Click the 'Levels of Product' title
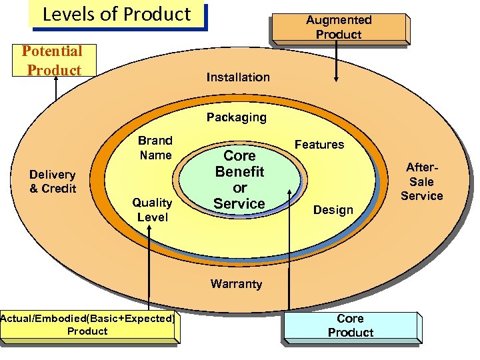(117, 14)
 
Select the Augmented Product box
(339, 27)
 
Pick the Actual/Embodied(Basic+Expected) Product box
(87, 325)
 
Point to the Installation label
(238, 77)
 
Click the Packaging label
(236, 117)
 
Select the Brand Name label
(155, 148)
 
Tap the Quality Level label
(152, 209)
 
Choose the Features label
(319, 145)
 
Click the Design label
(333, 210)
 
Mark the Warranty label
(236, 284)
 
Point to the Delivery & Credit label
(53, 181)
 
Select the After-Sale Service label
(421, 181)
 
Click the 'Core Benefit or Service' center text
(239, 180)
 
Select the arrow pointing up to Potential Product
(58, 87)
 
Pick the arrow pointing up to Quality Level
(153, 267)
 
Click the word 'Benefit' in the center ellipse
(239, 171)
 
